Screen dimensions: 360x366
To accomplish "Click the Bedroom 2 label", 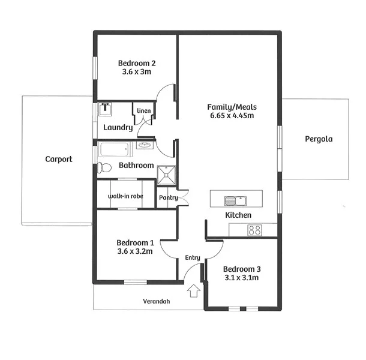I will [x=137, y=63].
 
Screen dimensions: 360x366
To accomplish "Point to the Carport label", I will [x=59, y=159].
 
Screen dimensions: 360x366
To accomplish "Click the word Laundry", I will [x=118, y=127].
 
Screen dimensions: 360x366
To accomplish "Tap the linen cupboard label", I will [x=144, y=110].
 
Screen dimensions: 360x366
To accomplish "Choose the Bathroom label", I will [x=136, y=166].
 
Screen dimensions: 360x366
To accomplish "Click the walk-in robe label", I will [x=125, y=196].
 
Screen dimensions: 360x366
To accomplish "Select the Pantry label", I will [x=167, y=197].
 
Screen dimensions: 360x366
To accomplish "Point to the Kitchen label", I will [x=238, y=215].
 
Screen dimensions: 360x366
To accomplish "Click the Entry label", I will [x=192, y=257].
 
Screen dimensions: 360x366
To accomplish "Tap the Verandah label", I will [x=156, y=301].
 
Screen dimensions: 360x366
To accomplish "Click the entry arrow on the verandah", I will [x=193, y=292].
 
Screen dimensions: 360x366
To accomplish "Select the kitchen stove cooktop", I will [x=254, y=229].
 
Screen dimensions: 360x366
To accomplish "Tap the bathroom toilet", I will [x=104, y=167].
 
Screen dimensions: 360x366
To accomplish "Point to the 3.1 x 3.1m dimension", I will [x=241, y=278].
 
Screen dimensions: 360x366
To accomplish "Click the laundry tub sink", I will [x=105, y=109].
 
